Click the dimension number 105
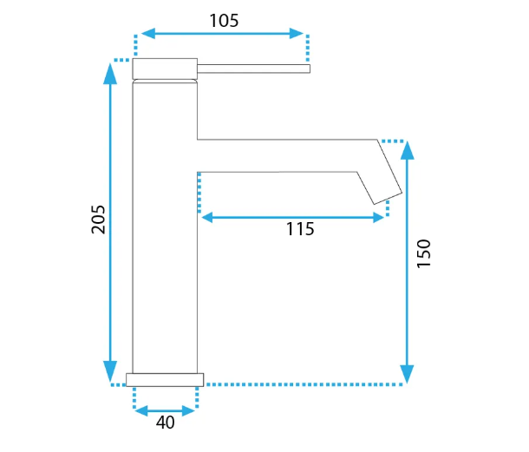coord(224,21)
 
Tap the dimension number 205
coord(98,219)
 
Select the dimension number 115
coord(300,229)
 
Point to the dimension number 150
coord(424,253)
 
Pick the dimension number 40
coord(166,423)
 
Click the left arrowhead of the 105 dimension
coord(148,34)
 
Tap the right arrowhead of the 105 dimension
coord(297,34)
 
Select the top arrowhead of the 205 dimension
coord(110,74)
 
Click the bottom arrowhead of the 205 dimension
coord(110,371)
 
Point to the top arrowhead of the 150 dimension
coord(408,150)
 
